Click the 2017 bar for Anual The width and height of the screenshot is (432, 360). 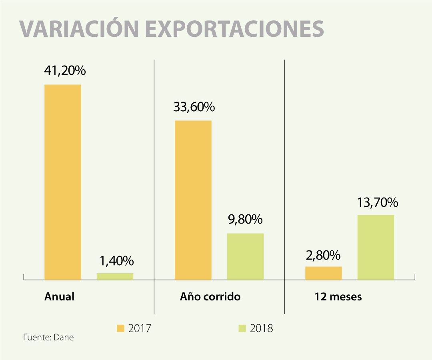pyautogui.click(x=62, y=182)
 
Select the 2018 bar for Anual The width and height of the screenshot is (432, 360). pyautogui.click(x=115, y=276)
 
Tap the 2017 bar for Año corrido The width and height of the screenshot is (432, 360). pyautogui.click(x=193, y=200)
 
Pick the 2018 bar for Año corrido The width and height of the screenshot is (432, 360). pyautogui.click(x=245, y=256)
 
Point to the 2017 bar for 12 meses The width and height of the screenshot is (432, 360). pyautogui.click(x=323, y=273)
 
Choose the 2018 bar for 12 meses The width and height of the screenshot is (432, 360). pyautogui.click(x=376, y=247)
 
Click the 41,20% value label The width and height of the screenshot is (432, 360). pyautogui.click(x=65, y=71)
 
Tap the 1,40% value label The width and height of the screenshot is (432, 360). pyautogui.click(x=116, y=261)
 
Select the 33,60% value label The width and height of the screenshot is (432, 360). pyautogui.click(x=194, y=107)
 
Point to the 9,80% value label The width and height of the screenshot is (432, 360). pyautogui.click(x=246, y=220)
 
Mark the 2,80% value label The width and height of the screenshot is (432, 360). pyautogui.click(x=324, y=255)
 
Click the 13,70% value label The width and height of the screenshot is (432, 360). pyautogui.click(x=378, y=203)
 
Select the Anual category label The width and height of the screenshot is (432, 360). pyautogui.click(x=60, y=297)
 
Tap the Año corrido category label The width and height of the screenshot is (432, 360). pyautogui.click(x=210, y=297)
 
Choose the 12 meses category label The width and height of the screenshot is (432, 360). pyautogui.click(x=338, y=297)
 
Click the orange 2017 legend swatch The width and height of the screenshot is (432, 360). pyautogui.click(x=120, y=328)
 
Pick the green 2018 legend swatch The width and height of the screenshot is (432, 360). pyautogui.click(x=242, y=328)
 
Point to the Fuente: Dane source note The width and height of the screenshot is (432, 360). pyautogui.click(x=48, y=337)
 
